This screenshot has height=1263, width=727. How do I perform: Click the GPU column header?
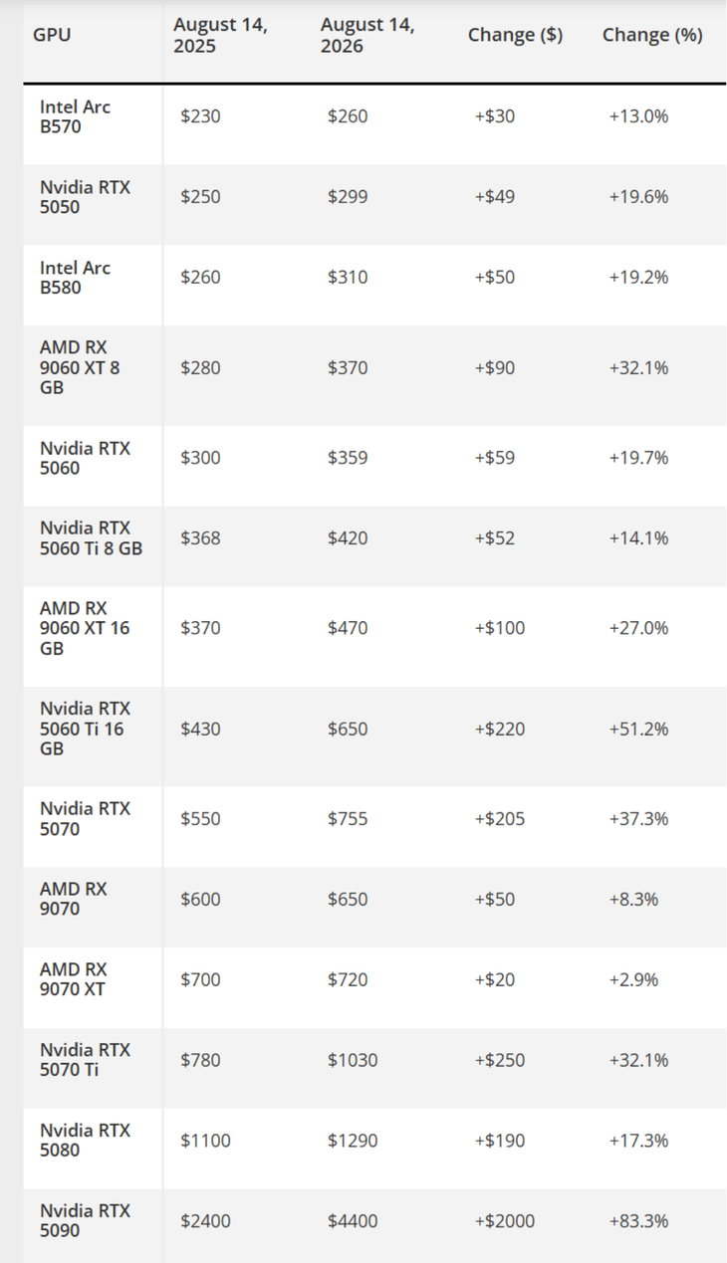[52, 35]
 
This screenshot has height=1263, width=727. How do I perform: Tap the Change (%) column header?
[652, 35]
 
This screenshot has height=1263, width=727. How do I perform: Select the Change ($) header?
[515, 35]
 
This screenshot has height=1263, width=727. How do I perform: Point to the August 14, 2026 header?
[367, 35]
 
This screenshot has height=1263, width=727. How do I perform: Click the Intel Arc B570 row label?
[75, 116]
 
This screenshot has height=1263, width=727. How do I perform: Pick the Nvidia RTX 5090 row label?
[85, 1221]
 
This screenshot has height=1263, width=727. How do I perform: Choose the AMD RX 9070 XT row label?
[73, 979]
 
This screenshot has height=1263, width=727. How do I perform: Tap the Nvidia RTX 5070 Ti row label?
[85, 1060]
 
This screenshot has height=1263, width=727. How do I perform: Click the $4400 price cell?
[353, 1221]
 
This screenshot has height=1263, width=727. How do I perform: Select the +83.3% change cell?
[638, 1221]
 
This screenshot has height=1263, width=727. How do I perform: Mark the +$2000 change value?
[504, 1221]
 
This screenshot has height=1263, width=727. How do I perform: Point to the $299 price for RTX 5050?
[348, 197]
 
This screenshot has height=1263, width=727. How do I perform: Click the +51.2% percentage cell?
[638, 730]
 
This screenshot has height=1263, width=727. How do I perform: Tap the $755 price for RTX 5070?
[348, 819]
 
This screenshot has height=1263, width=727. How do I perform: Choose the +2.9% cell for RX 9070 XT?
[633, 980]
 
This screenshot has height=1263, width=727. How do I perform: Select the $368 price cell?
[200, 538]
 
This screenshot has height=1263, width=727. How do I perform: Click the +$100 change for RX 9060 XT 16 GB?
[500, 628]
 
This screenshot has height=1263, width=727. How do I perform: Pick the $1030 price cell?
[353, 1061]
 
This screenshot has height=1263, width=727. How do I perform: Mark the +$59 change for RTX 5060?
[495, 458]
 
